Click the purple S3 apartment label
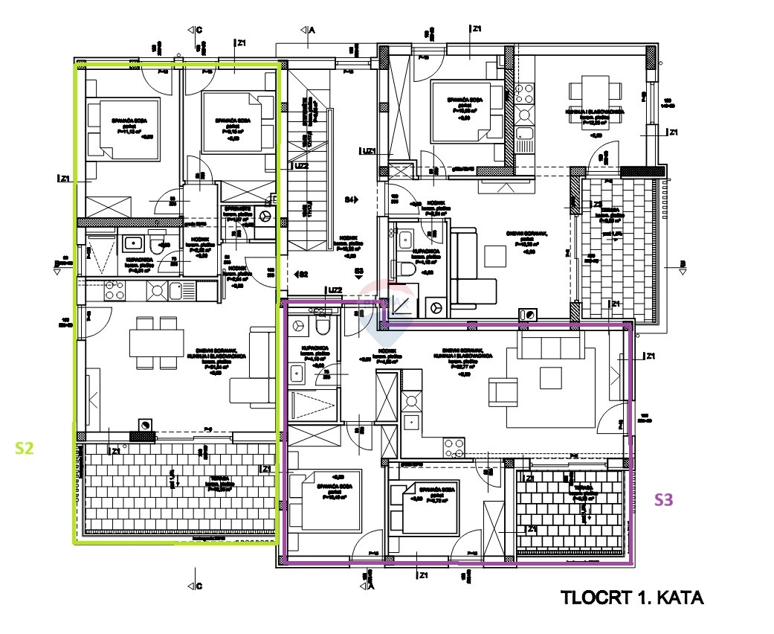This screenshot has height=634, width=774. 663,500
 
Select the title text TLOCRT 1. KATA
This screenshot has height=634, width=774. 631,598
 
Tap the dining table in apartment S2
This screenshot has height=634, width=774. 156,343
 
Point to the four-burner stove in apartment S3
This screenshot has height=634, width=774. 454,447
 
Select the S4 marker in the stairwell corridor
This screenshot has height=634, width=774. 351,199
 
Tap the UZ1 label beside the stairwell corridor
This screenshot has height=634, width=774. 368,151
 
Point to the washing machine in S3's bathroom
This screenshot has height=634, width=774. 300,325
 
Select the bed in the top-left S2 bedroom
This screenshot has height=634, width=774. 123,129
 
